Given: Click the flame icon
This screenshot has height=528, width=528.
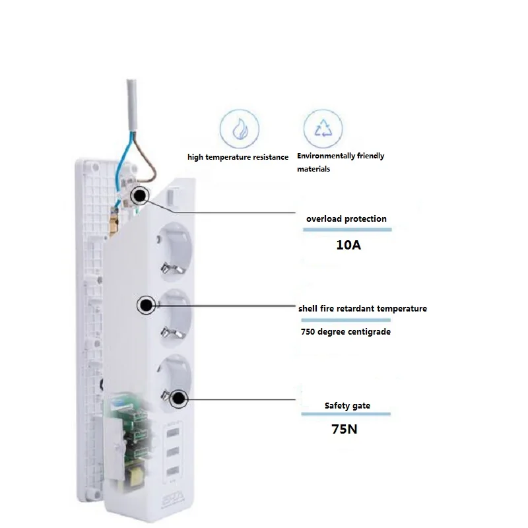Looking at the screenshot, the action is pyautogui.click(x=240, y=128).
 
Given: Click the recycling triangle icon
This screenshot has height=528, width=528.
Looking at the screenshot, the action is pyautogui.click(x=323, y=128).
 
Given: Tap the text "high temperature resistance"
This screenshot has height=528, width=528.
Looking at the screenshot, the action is pyautogui.click(x=238, y=157).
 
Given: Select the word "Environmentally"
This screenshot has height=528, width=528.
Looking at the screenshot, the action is pyautogui.click(x=326, y=156).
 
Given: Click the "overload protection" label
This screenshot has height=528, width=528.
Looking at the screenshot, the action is pyautogui.click(x=346, y=219).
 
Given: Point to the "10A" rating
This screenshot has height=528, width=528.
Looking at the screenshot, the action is pyautogui.click(x=348, y=245).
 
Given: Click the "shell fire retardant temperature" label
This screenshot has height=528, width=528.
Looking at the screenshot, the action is pyautogui.click(x=362, y=308).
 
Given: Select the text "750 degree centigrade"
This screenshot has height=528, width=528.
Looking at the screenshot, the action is pyautogui.click(x=345, y=332).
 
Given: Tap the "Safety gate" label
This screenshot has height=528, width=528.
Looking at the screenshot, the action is pyautogui.click(x=347, y=406).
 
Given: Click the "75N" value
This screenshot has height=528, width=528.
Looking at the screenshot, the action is pyautogui.click(x=344, y=429).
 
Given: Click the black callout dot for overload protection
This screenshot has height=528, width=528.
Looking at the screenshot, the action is pyautogui.click(x=140, y=195).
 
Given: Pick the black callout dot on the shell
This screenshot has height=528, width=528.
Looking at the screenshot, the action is pyautogui.click(x=146, y=305).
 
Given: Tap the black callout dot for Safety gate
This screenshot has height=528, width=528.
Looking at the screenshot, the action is pyautogui.click(x=178, y=399).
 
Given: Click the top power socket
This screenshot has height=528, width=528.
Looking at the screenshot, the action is pyautogui.click(x=174, y=251).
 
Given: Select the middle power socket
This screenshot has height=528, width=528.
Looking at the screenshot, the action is pyautogui.click(x=174, y=318).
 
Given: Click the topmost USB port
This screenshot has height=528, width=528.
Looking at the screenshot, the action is pyautogui.click(x=172, y=432).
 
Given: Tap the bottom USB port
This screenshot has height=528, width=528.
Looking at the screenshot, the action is pyautogui.click(x=172, y=471).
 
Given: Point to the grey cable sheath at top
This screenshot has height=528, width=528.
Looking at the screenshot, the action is pyautogui.click(x=131, y=105).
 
